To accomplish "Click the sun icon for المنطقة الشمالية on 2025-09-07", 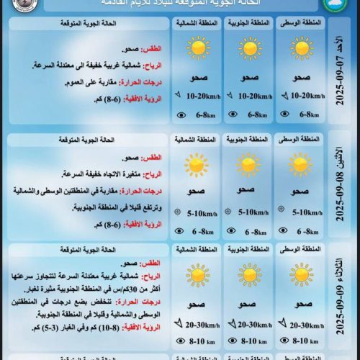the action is tap(197, 48).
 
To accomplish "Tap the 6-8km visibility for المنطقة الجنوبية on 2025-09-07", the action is tap(253, 114).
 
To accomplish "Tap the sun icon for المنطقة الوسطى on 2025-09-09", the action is tap(302, 274).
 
